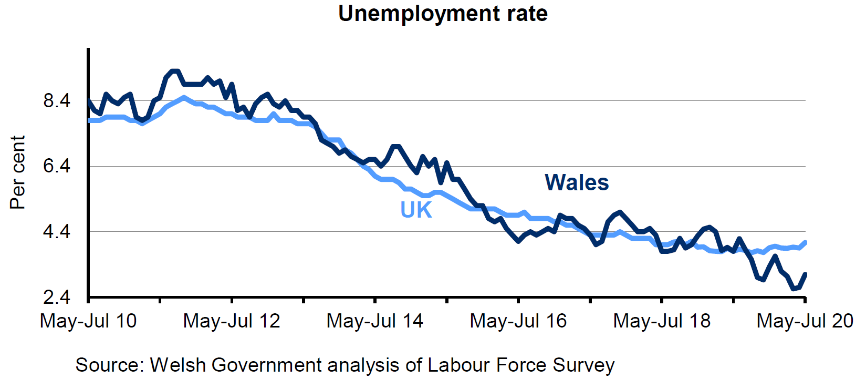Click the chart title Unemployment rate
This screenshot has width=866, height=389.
click(443, 14)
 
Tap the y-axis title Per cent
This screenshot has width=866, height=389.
click(17, 172)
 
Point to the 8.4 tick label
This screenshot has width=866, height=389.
click(57, 100)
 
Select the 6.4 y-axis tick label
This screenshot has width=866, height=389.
click(57, 166)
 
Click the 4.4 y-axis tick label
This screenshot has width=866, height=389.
click(57, 232)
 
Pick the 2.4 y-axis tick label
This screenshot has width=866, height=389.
click(57, 298)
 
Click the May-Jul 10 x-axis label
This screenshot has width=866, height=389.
click(88, 321)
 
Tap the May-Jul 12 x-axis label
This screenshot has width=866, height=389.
click(232, 321)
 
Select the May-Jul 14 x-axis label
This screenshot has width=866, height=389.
click(375, 321)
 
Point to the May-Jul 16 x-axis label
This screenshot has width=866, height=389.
click(518, 321)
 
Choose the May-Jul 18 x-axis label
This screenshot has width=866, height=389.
click(662, 321)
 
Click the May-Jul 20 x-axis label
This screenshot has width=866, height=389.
click(805, 321)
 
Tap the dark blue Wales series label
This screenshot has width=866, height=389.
click(577, 183)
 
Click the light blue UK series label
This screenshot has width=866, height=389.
click(416, 210)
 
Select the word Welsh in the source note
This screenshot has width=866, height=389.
click(178, 365)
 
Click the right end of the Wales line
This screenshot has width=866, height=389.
click(805, 274)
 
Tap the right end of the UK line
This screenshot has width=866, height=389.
click(805, 242)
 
